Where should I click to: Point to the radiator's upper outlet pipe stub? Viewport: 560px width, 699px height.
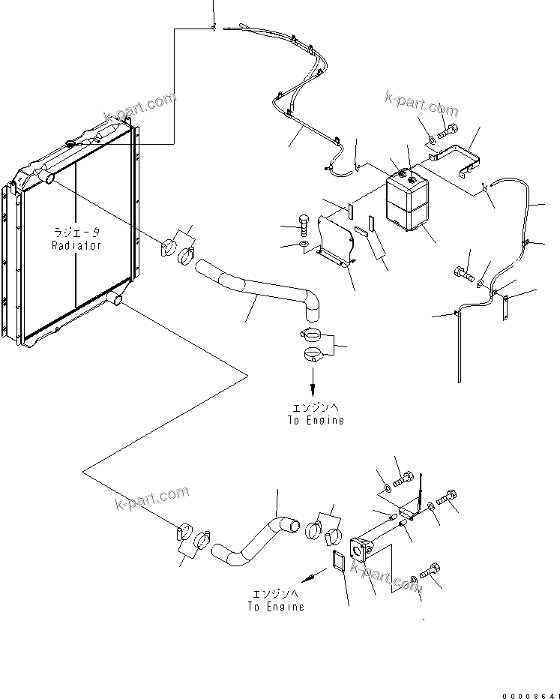pyautogui.click(x=47, y=178)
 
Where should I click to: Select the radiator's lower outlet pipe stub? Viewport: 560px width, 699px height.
pyautogui.click(x=115, y=300)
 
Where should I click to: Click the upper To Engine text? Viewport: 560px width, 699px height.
pyautogui.click(x=315, y=420)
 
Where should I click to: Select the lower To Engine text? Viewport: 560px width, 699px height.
pyautogui.click(x=276, y=606)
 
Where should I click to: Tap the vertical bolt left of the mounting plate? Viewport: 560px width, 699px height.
pyautogui.click(x=304, y=221)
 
